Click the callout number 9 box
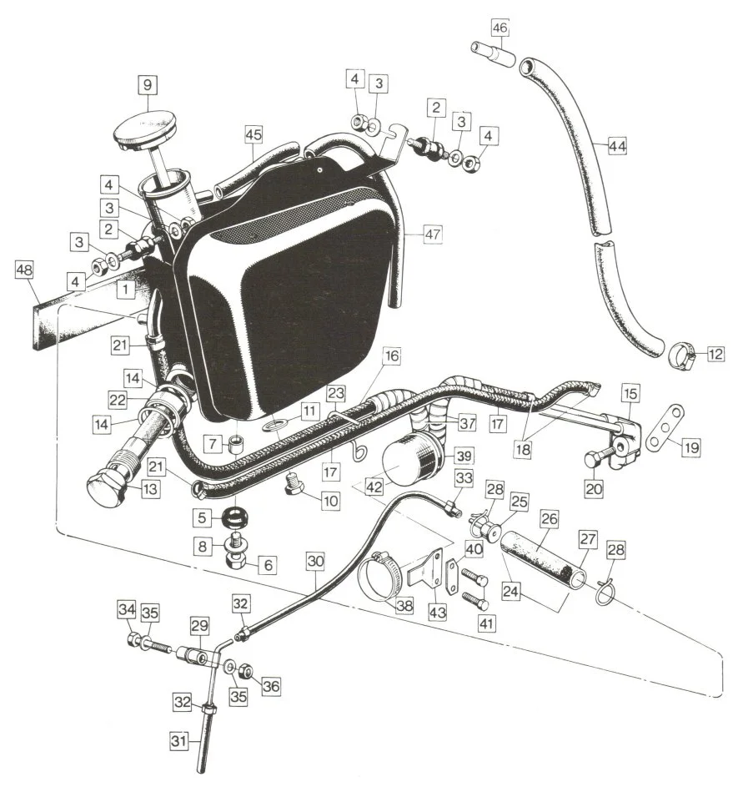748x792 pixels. (x=147, y=85)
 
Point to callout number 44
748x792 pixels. (x=617, y=146)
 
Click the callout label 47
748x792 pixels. (x=432, y=235)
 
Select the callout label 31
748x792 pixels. (x=182, y=739)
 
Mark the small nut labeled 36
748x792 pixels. (x=247, y=672)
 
